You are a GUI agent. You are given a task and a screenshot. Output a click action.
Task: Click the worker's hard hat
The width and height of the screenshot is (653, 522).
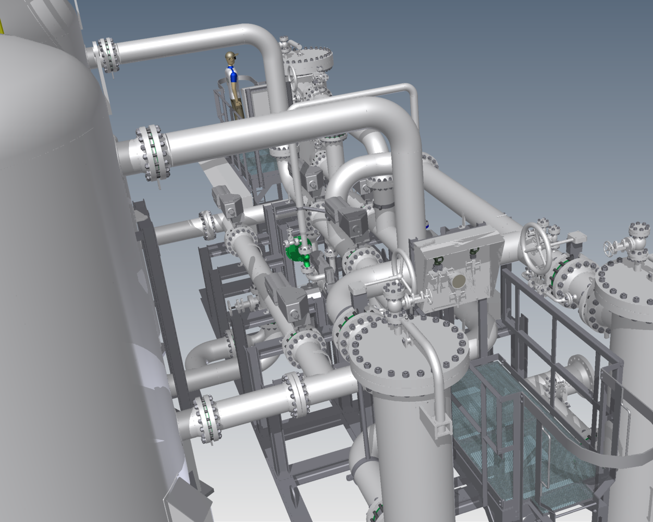(x=231, y=56)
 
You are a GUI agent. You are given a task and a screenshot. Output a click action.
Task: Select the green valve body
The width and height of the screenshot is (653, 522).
(x=296, y=251)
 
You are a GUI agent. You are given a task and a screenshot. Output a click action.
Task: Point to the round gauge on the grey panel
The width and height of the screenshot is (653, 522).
(x=459, y=281)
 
